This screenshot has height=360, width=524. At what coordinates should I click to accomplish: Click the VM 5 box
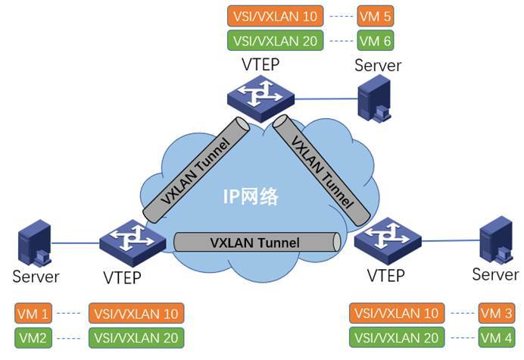pos(376,16)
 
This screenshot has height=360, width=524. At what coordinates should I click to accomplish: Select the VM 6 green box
pos(376,40)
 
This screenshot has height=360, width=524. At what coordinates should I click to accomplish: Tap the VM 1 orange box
pos(33,314)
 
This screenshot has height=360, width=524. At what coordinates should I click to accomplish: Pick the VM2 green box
pos(33,338)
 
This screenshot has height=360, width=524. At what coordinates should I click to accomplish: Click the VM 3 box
pos(497,313)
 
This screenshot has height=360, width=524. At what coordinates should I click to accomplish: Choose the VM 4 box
pos(497,337)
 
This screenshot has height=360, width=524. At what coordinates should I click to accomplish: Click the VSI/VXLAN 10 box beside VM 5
pos(276,16)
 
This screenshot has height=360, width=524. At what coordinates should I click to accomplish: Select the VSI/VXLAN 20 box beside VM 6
pos(276,40)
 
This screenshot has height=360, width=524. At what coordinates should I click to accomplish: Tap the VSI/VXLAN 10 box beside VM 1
pos(136,314)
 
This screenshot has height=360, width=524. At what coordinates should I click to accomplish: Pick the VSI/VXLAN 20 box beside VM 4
pos(397,337)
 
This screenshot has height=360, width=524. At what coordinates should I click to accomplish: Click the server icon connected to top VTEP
pos(375,99)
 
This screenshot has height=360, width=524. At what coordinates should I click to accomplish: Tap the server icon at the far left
pos(34,243)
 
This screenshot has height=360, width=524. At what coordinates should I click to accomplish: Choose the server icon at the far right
pos(496,240)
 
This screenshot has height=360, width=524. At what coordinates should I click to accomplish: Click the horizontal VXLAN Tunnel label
pos(255,243)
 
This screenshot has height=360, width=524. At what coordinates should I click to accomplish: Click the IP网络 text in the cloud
pos(251,196)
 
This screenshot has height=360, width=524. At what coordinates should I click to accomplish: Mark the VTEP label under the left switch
pos(122,277)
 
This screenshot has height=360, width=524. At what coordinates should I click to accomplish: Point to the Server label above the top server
pos(378,65)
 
